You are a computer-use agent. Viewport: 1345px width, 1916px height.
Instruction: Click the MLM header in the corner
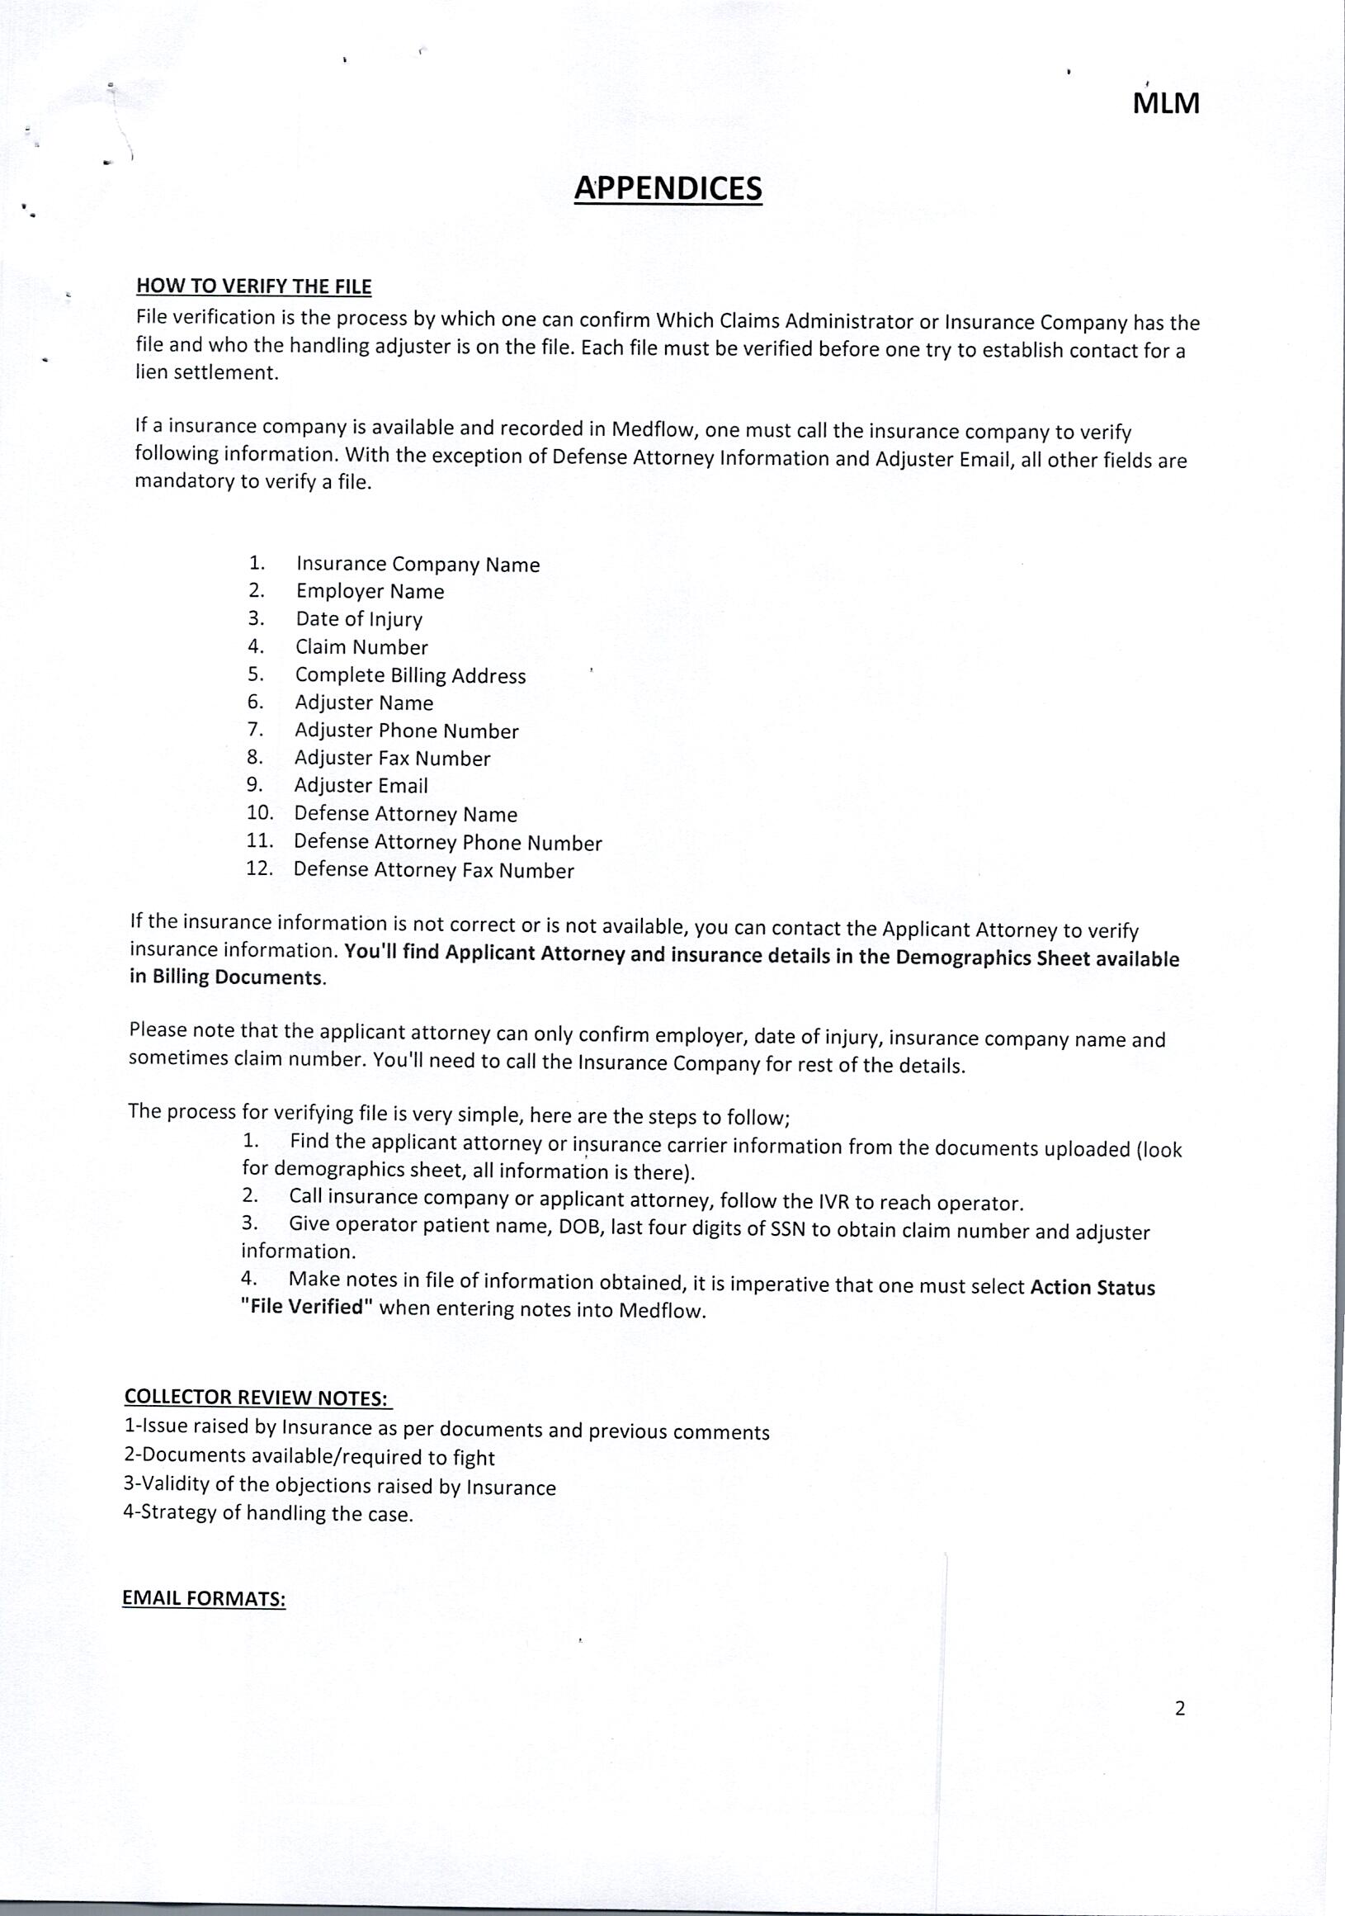1166,104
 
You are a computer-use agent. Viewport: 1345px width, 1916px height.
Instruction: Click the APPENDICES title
668,188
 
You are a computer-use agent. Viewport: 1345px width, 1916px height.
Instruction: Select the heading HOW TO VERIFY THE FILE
253,286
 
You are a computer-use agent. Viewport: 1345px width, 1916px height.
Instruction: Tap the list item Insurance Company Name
418,565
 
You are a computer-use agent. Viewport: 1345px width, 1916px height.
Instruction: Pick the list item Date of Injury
359,619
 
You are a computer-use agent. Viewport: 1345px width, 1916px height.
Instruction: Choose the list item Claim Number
361,646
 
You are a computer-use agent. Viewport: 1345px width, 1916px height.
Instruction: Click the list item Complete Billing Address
410,675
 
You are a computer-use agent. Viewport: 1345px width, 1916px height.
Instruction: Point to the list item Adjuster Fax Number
392,758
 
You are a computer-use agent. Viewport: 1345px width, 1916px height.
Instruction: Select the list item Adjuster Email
361,785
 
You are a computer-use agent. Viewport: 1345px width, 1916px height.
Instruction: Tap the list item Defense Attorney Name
405,814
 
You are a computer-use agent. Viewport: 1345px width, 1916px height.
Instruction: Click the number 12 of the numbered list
259,868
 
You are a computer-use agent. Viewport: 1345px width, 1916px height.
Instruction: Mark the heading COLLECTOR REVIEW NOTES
257,1397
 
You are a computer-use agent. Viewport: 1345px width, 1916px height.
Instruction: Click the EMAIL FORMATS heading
205,1597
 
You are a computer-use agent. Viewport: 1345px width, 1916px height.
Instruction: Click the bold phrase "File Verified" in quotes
306,1307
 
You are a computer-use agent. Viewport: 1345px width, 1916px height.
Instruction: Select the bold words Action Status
1093,1288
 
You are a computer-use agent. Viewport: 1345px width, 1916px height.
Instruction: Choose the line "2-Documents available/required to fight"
309,1457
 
